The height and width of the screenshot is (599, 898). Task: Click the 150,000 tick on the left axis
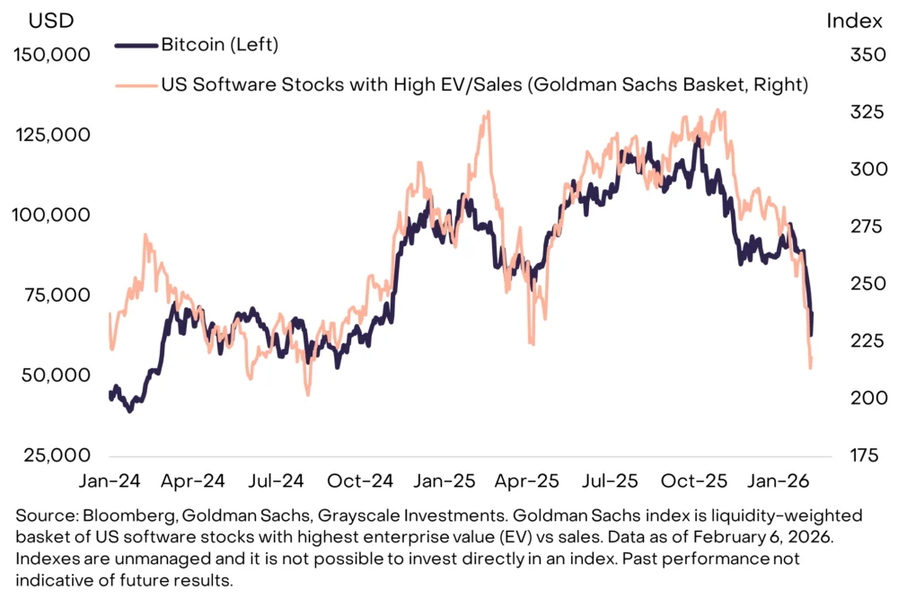[x=52, y=56]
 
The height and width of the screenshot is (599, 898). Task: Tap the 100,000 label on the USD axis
[x=52, y=216]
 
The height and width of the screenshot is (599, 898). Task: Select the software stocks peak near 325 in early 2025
[x=487, y=113]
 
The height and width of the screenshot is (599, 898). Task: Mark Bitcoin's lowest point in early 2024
[x=129, y=410]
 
